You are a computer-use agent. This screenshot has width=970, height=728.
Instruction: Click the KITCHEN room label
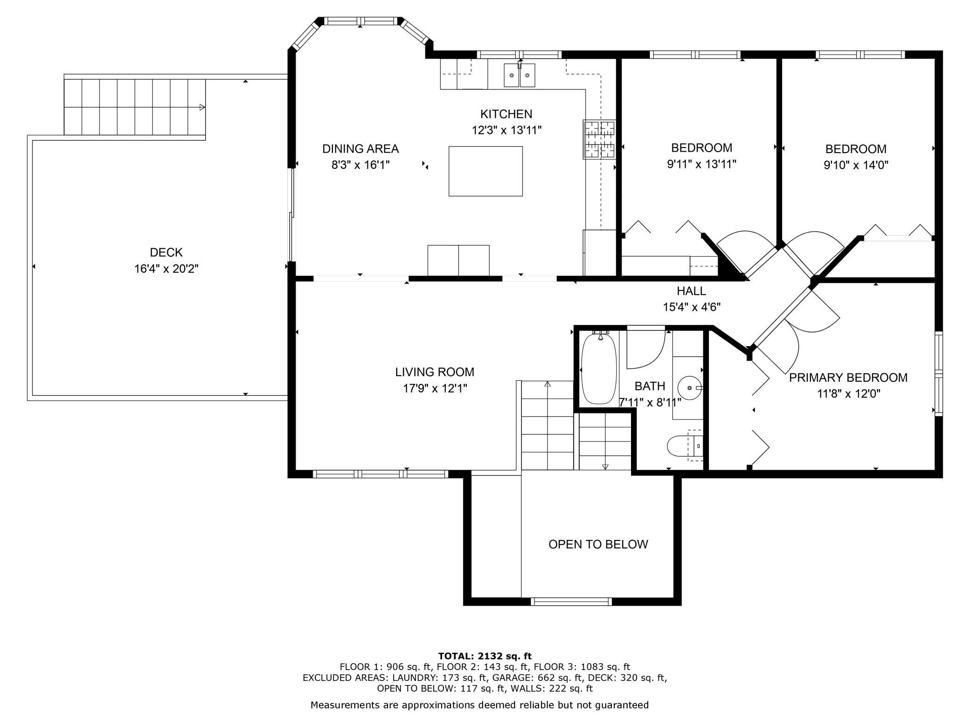coord(506,114)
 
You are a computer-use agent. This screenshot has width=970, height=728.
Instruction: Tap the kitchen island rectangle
coord(485,171)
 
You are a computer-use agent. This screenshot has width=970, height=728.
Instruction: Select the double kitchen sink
coord(520,75)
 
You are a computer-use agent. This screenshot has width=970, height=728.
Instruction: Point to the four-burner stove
coord(599,140)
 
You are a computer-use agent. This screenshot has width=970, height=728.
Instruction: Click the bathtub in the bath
coord(599,369)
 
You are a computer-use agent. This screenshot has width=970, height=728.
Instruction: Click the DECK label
coord(166,252)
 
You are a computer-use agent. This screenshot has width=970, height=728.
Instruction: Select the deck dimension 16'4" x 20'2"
coord(166,269)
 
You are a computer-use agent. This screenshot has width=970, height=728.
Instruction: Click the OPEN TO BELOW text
coord(598,544)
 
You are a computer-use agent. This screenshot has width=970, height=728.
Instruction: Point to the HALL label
coord(692,291)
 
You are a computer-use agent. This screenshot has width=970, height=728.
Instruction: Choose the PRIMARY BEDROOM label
coord(848,378)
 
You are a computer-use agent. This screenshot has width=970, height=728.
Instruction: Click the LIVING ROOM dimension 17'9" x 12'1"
coord(435,388)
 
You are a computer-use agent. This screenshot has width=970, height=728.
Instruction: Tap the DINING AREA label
coord(360,149)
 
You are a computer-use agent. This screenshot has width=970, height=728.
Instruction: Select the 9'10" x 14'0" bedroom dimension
coord(856,165)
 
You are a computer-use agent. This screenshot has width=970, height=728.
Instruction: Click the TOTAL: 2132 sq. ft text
coord(485,656)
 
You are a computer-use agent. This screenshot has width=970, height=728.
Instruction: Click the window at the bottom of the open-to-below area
coord(571,602)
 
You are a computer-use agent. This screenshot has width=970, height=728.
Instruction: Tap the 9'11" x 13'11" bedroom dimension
coord(702,164)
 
